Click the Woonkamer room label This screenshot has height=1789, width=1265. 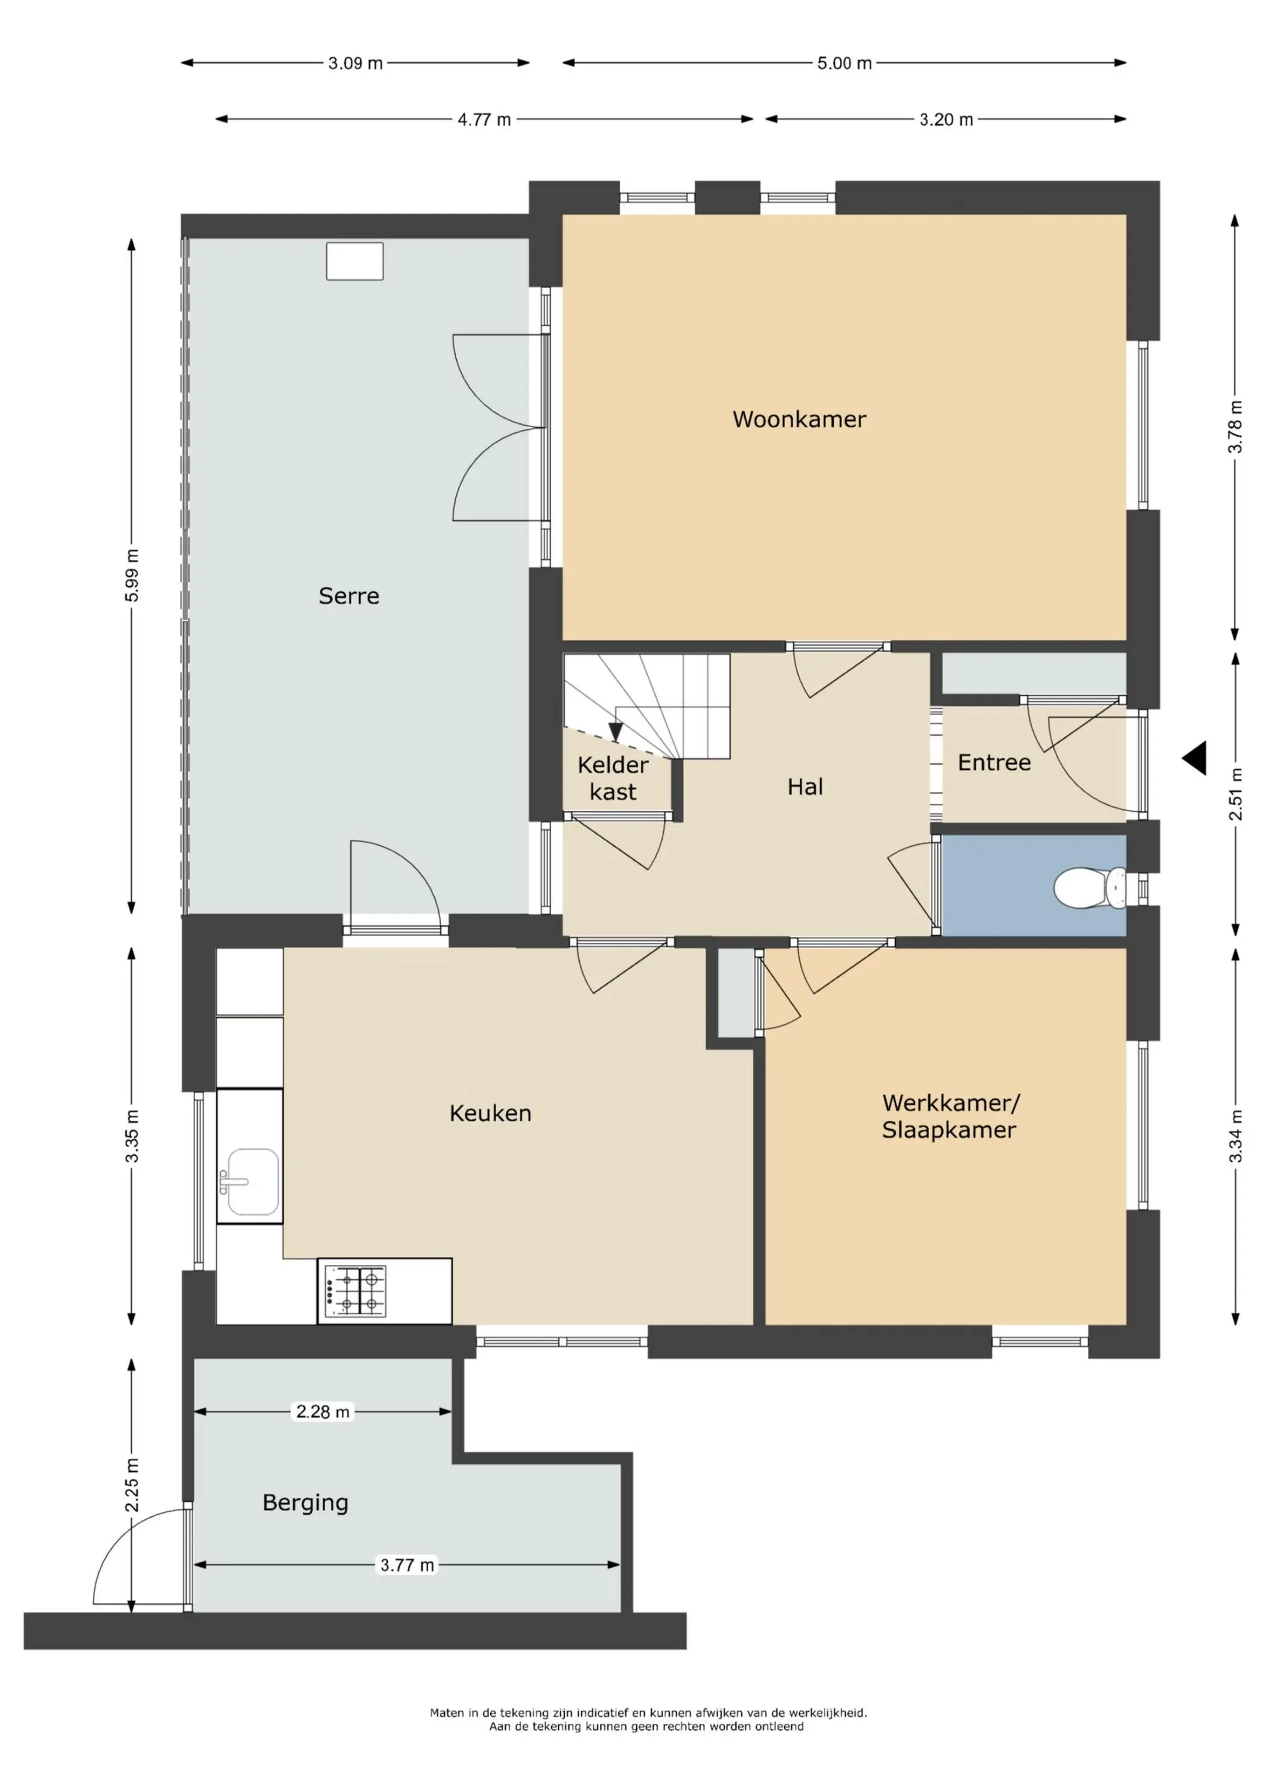(x=799, y=419)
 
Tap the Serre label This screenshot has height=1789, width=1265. (x=348, y=596)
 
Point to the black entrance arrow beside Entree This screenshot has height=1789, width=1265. (x=1194, y=758)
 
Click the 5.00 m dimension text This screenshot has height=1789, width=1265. (x=844, y=63)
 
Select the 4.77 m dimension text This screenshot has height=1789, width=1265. (x=484, y=119)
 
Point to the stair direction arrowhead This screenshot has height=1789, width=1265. (x=616, y=732)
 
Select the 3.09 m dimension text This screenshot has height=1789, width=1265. (x=355, y=63)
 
